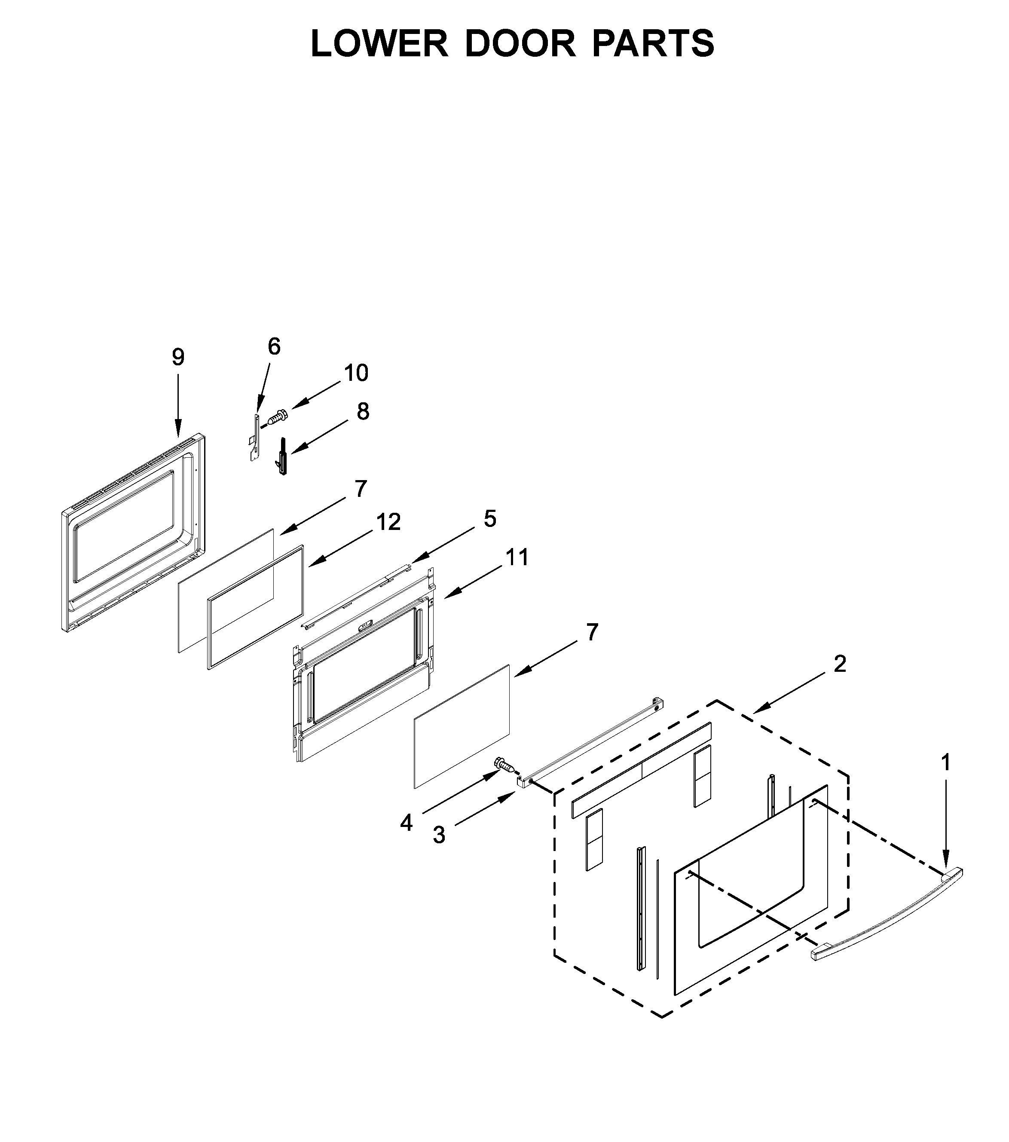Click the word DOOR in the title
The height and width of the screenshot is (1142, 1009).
pos(520,43)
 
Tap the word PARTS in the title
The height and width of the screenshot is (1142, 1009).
pos(653,43)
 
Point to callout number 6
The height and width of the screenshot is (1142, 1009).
pos(274,346)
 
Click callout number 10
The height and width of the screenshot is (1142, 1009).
pos(356,373)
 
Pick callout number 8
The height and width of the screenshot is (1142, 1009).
pos(363,411)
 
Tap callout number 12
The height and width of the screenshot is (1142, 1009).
pos(388,522)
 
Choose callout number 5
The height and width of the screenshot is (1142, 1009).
pos(489,519)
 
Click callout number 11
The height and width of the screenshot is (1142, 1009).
pos(517,557)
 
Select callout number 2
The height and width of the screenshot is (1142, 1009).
pos(840,664)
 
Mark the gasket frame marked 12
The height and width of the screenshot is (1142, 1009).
pos(256,607)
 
